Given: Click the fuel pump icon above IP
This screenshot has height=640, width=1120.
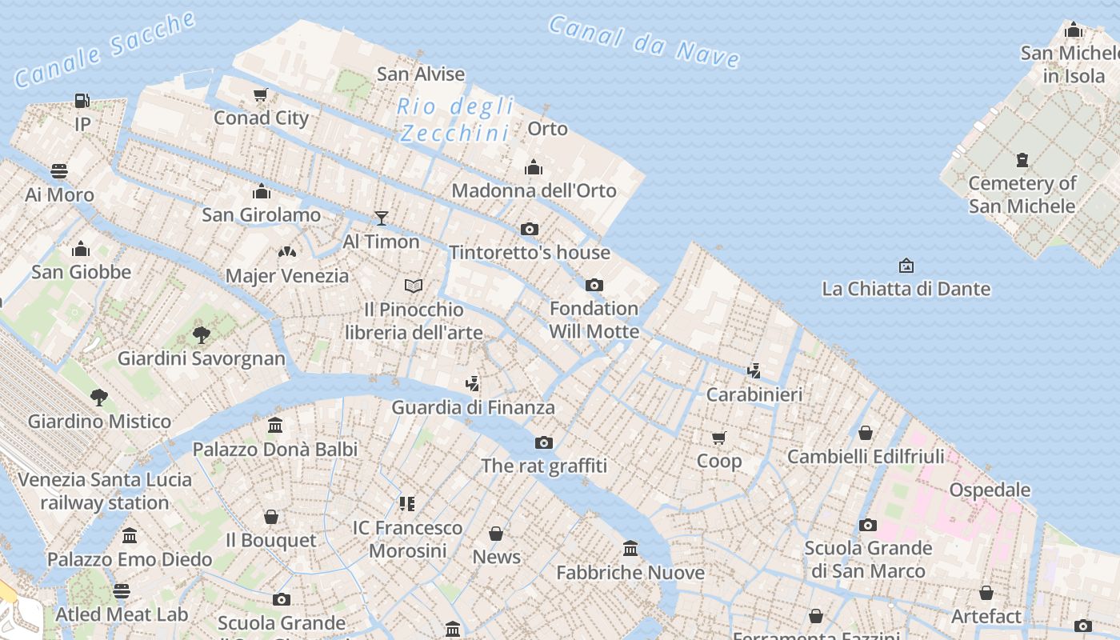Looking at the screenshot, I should click(x=82, y=101).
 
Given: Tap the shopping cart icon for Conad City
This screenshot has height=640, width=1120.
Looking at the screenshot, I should click(x=260, y=95).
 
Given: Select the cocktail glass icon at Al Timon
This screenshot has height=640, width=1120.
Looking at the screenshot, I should click(x=382, y=218).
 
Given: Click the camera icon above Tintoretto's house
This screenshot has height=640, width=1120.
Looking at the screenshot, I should click(x=529, y=230).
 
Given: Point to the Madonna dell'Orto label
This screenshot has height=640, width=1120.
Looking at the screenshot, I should click(x=534, y=190).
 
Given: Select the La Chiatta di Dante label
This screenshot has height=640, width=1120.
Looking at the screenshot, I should click(x=906, y=289).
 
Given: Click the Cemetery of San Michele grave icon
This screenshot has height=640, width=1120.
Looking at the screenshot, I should click(x=1022, y=160).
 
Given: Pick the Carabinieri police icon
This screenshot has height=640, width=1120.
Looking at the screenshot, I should click(x=754, y=370).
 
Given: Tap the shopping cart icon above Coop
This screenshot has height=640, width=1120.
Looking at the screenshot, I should click(x=718, y=438).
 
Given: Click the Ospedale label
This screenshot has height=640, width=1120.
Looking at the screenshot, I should click(x=990, y=490).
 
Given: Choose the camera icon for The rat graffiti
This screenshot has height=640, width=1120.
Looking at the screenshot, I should click(x=543, y=442).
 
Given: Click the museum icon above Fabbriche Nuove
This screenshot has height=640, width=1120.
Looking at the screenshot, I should click(x=630, y=549).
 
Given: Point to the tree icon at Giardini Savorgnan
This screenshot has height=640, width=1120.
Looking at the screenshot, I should click(x=202, y=334).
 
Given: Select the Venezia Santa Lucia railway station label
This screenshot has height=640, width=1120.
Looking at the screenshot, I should click(x=105, y=491).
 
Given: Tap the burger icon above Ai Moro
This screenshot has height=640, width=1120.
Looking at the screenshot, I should click(x=59, y=171).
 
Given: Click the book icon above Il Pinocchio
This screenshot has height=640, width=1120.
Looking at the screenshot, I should click(x=414, y=286).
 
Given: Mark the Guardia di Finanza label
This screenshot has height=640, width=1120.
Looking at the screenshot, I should click(x=473, y=407).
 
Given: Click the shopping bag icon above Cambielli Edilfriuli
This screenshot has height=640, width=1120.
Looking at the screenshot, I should click(x=865, y=433).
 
